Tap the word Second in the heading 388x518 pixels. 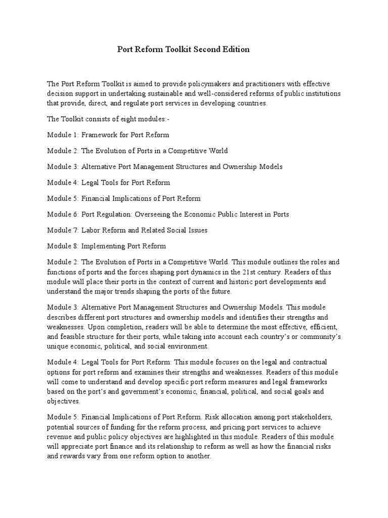206,50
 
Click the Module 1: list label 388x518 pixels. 62,135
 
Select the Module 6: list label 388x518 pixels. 62,214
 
